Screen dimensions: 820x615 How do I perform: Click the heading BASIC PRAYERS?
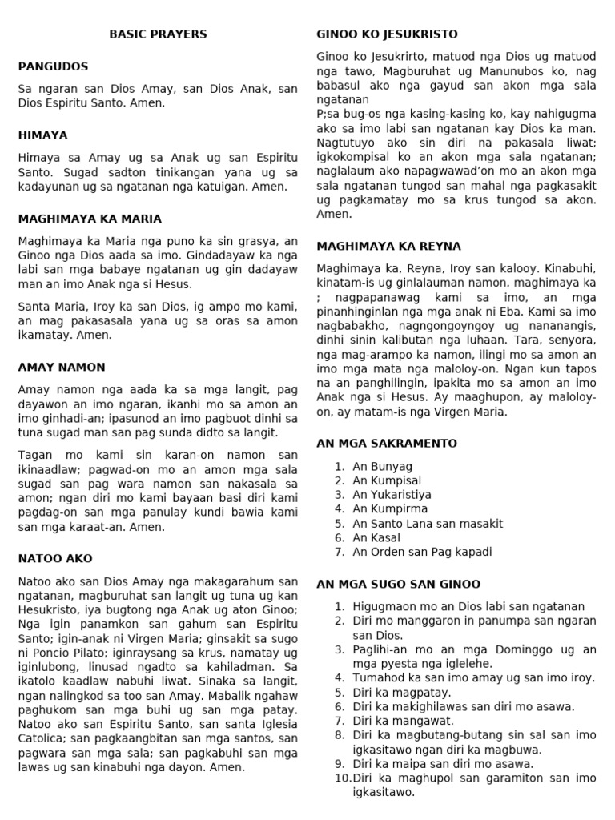click(x=158, y=34)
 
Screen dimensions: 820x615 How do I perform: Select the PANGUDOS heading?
click(x=53, y=66)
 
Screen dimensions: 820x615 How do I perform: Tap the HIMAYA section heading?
click(x=42, y=135)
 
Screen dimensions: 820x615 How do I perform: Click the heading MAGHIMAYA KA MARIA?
click(x=90, y=219)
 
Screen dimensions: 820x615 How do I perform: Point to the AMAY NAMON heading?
click(x=62, y=368)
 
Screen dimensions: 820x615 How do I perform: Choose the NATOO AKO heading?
click(x=55, y=558)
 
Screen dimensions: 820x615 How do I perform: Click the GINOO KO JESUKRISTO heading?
click(x=387, y=34)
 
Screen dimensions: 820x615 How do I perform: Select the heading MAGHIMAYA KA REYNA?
click(x=388, y=246)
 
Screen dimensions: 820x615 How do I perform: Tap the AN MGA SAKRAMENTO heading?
click(x=387, y=443)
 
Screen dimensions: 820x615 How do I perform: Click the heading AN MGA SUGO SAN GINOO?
click(x=398, y=584)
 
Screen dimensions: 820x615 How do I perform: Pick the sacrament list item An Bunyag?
click(x=382, y=466)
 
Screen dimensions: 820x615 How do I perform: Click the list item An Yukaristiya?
click(x=392, y=495)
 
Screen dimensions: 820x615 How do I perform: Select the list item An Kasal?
click(x=376, y=537)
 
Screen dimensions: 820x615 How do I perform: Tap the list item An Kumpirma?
click(x=390, y=508)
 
